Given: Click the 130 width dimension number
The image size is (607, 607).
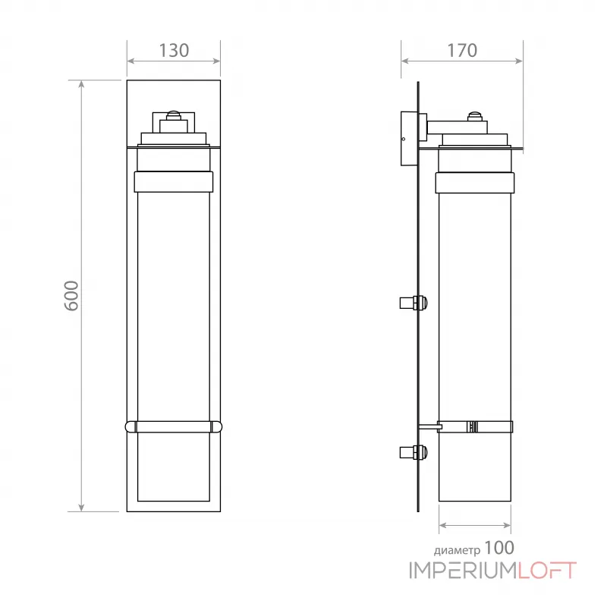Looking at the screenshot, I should pos(174,51).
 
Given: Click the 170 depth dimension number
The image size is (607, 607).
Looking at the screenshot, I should pos(461,51).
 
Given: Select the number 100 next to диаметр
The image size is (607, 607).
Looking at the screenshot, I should pos(498,547).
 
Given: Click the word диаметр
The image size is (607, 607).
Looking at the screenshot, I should pos(456,549).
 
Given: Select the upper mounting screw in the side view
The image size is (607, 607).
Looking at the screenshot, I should pos(414,303).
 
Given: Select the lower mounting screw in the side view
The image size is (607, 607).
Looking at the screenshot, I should pos(414,453).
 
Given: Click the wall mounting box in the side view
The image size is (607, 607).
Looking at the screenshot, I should pos(408,139).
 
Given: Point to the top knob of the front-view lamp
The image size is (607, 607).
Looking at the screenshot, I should pos(174,116).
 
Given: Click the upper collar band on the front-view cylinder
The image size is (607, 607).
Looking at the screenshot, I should pos(174,181).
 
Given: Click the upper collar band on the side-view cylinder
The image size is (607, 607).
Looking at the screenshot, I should pos(475,181).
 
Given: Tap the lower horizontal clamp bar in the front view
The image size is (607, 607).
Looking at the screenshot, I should pos(174,427).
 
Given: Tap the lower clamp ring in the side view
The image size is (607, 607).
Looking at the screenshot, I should pos(475,427).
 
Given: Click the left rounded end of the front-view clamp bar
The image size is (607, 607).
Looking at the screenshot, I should pos(130,427).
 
